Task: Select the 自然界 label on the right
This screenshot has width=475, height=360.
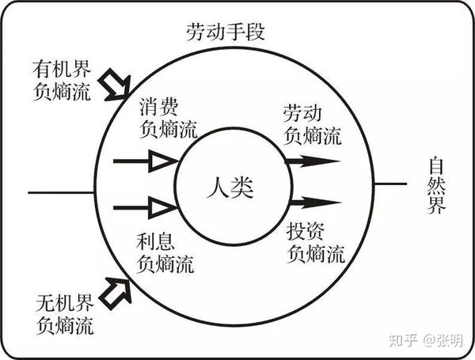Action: coord(437,188)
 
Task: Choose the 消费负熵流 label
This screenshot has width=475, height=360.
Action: coord(167,117)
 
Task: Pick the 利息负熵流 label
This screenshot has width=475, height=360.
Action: coord(167,249)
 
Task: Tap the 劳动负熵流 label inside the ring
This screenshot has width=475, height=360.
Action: coord(313,125)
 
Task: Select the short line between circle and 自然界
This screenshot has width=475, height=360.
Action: coord(390,183)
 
